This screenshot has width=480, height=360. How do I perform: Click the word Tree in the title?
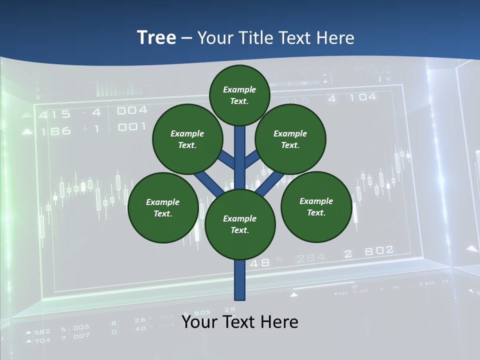click(x=156, y=37)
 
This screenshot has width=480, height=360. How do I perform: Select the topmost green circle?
click(x=239, y=95)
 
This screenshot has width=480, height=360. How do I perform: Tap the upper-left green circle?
click(x=187, y=139)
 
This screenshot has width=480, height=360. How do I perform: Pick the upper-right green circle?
click(x=290, y=139)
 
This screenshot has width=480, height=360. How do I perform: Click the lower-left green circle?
click(x=163, y=207)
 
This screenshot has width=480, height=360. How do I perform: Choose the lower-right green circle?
click(x=316, y=206)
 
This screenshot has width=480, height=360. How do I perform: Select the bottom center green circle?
click(x=240, y=224)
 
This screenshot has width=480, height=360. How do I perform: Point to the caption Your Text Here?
click(x=240, y=322)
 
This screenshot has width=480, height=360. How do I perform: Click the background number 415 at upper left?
click(x=55, y=114)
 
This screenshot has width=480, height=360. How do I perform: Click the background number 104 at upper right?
click(x=360, y=97)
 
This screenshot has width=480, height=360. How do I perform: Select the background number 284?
click(x=310, y=258)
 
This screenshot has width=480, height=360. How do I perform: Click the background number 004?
click(x=132, y=110)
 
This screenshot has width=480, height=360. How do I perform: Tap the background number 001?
click(x=132, y=127)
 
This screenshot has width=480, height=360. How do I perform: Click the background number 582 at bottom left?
click(x=42, y=331)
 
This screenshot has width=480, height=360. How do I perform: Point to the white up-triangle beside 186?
click(x=27, y=132)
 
